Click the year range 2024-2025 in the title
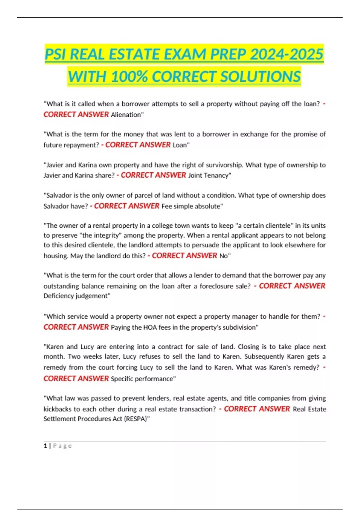[286, 55]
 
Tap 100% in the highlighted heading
[129, 77]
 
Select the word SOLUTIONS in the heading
[260, 77]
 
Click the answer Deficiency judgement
[76, 296]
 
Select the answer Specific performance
[142, 379]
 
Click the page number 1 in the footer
[45, 446]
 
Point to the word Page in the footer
[62, 446]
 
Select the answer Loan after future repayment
[180, 145]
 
